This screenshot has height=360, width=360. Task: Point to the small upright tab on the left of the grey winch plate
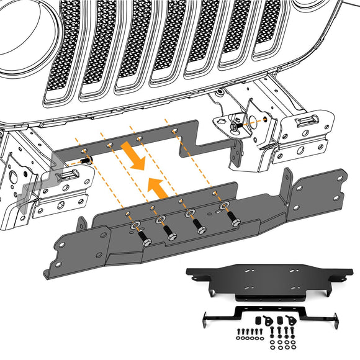(x=80, y=223)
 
